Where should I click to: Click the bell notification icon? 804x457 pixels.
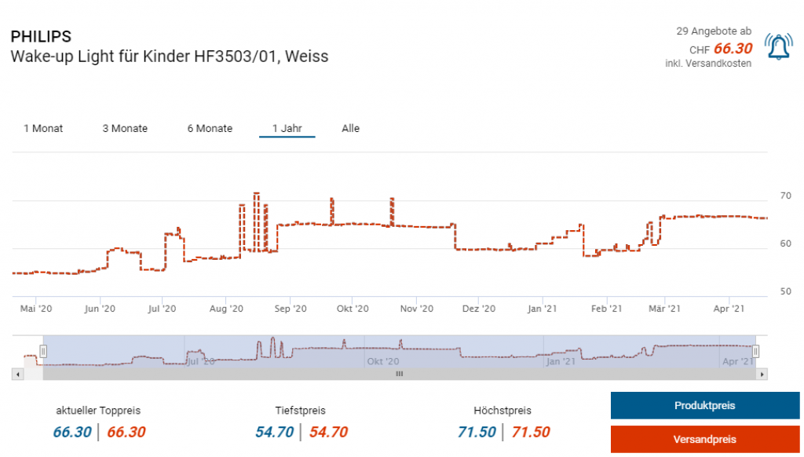coord(778,48)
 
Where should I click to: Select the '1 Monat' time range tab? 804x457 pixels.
coord(43,128)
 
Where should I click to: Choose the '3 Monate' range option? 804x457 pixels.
coord(125,128)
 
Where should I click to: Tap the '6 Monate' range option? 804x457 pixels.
coord(210,128)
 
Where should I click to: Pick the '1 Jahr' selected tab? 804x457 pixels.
coord(287,128)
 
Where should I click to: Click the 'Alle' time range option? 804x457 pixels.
coord(350,128)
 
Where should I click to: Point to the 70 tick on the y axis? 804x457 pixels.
coord(785,196)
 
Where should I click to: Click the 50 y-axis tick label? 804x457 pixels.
coord(785,291)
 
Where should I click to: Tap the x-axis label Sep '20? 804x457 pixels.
coord(289,309)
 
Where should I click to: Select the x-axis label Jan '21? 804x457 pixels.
coord(542,309)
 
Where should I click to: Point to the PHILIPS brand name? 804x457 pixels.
coord(41,37)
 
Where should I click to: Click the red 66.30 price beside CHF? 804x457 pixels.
coord(733,49)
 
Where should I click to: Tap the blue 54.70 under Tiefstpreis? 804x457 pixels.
coord(274,432)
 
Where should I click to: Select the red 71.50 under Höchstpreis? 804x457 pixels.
coord(531,432)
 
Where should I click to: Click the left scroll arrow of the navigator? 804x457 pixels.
coord(17,375)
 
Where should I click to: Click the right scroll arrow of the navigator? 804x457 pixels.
coord(762,375)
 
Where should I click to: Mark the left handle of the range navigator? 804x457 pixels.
coord(44,351)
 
